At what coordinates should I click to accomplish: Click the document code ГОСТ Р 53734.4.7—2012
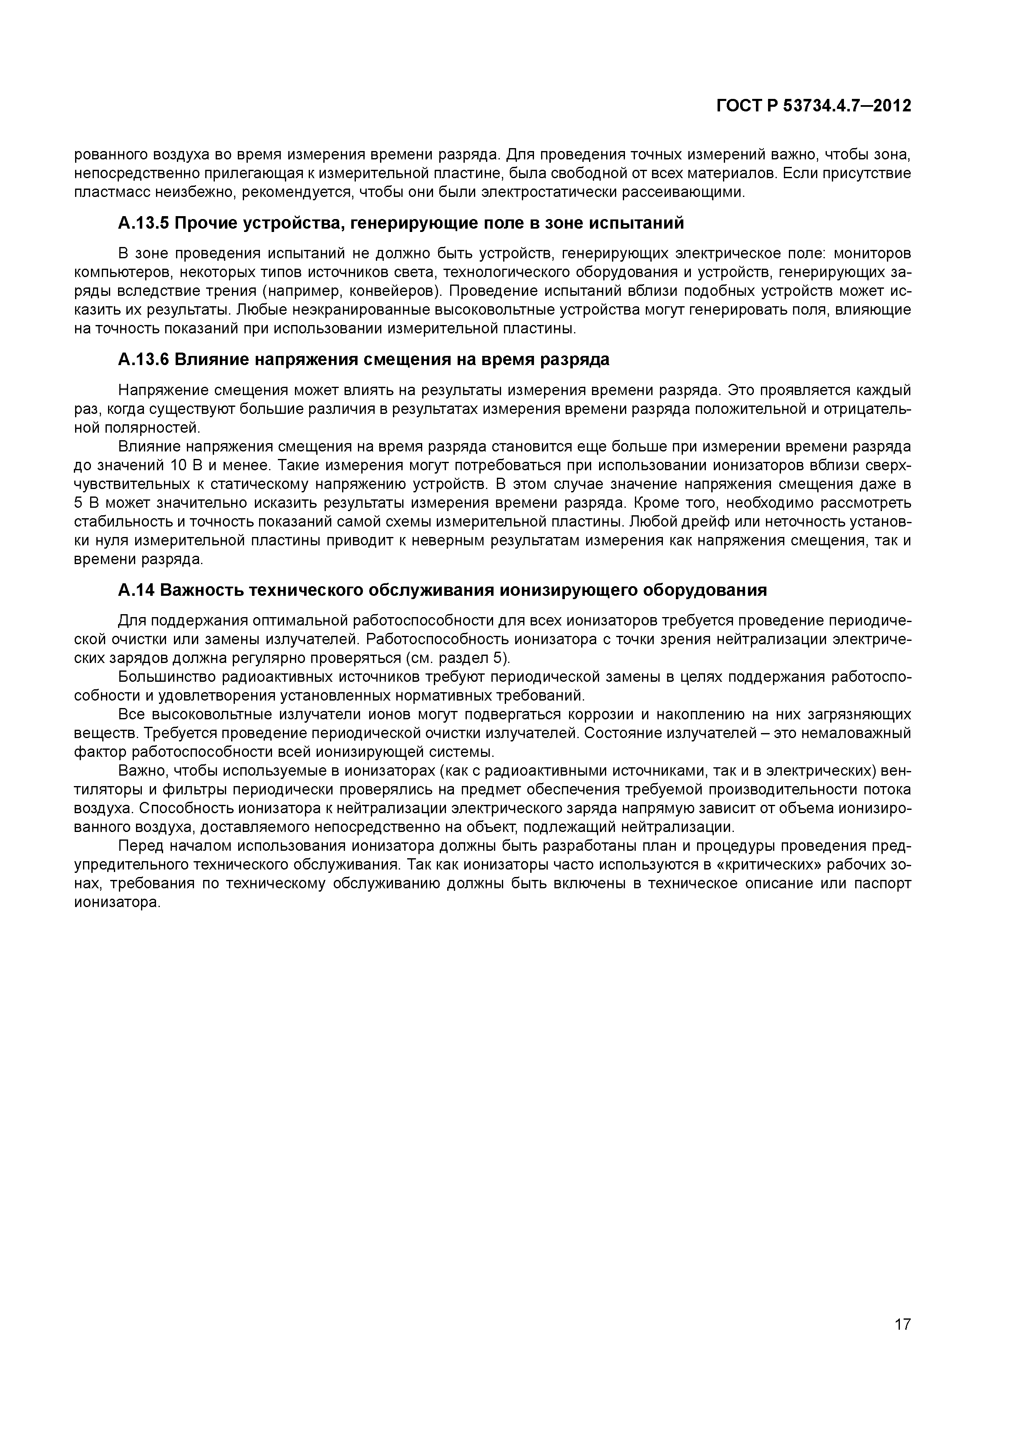click(814, 106)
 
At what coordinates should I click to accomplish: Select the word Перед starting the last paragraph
click(141, 847)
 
